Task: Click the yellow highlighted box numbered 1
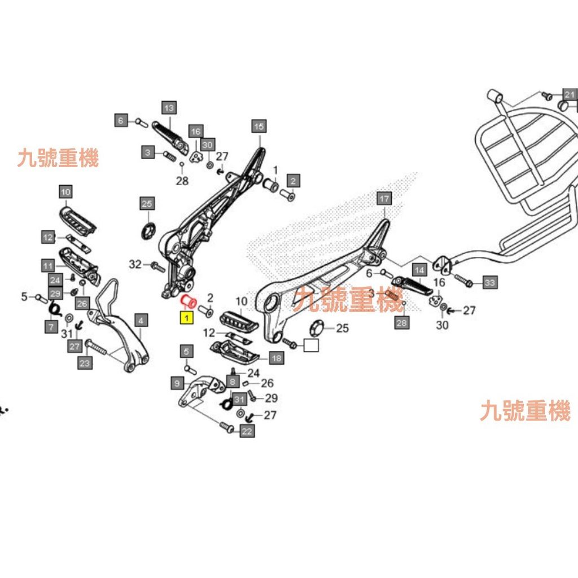[185, 319]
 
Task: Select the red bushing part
[189, 300]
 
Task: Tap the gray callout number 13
[169, 107]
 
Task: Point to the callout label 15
[258, 126]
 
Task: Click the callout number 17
[384, 198]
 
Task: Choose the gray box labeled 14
[419, 270]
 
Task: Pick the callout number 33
[489, 282]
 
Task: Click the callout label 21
[570, 94]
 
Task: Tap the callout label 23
[85, 363]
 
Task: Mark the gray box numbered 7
[51, 327]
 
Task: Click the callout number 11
[47, 265]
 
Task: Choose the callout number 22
[247, 432]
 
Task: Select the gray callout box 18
[277, 358]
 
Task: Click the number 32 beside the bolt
[135, 264]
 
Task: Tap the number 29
[271, 398]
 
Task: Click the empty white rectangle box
[311, 345]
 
